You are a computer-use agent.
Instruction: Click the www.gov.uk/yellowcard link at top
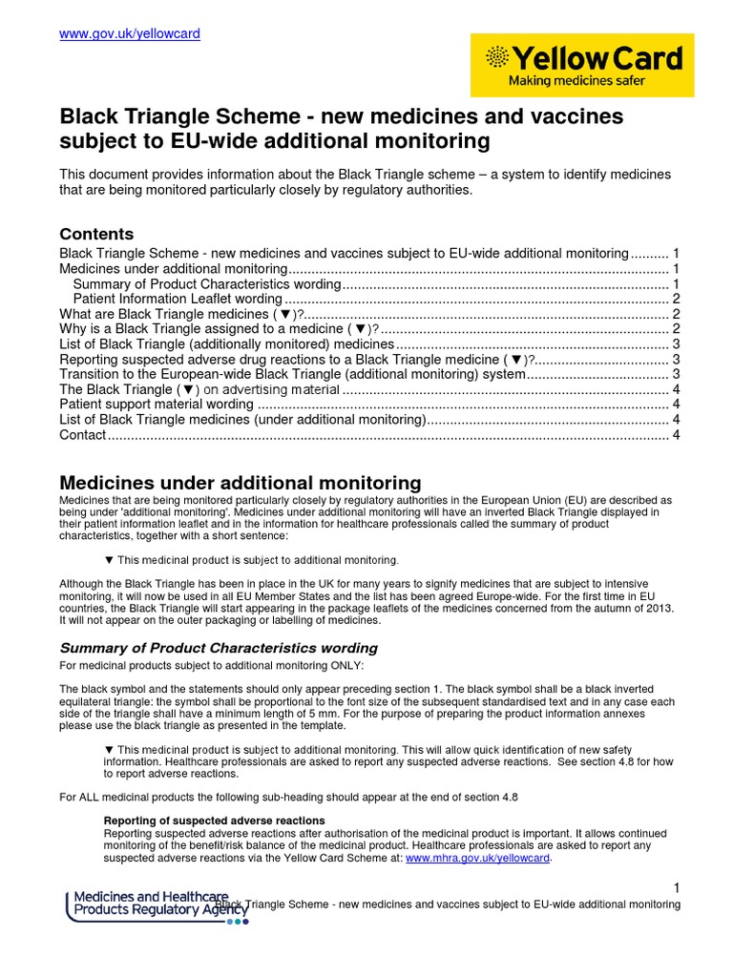[x=130, y=34]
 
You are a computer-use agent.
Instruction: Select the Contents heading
[x=96, y=234]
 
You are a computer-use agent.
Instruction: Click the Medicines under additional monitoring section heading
[x=240, y=483]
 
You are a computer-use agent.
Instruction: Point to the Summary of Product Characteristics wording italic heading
[x=219, y=648]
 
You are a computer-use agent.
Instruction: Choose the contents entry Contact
[x=83, y=435]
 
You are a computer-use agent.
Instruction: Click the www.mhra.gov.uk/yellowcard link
[x=478, y=858]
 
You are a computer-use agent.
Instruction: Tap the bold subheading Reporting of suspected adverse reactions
[x=214, y=821]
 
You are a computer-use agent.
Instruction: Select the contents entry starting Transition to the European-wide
[x=292, y=374]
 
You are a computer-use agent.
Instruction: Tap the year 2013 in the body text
[x=657, y=608]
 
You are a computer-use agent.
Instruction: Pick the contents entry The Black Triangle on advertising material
[x=199, y=389]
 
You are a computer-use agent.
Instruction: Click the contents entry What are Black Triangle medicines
[x=181, y=313]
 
